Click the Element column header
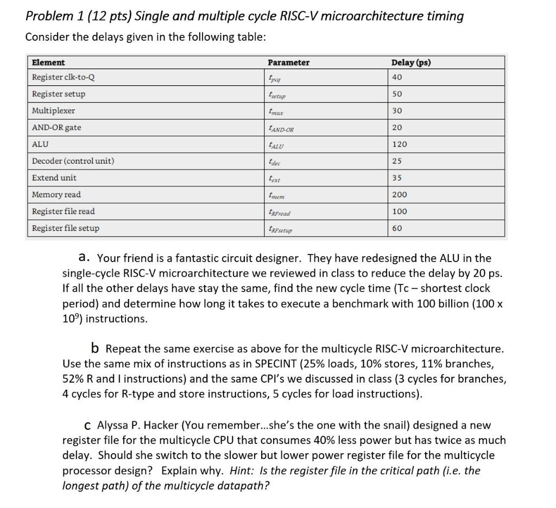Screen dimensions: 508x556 [x=48, y=62]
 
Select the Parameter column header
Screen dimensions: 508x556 [x=289, y=62]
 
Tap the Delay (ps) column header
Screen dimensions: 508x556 [x=411, y=62]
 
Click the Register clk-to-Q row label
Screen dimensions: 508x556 [x=64, y=77]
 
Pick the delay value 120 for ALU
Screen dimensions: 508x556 [x=399, y=144]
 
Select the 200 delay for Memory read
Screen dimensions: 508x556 [x=399, y=194]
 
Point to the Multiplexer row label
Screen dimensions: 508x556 [x=53, y=111]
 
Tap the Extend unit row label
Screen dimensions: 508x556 [x=54, y=177]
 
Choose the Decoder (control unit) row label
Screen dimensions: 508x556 [x=73, y=161]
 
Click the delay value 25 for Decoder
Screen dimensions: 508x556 [x=397, y=161]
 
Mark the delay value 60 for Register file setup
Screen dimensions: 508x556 [x=397, y=228]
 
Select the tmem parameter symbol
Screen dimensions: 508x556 [x=276, y=195]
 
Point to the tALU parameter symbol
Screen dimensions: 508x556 [x=277, y=145]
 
